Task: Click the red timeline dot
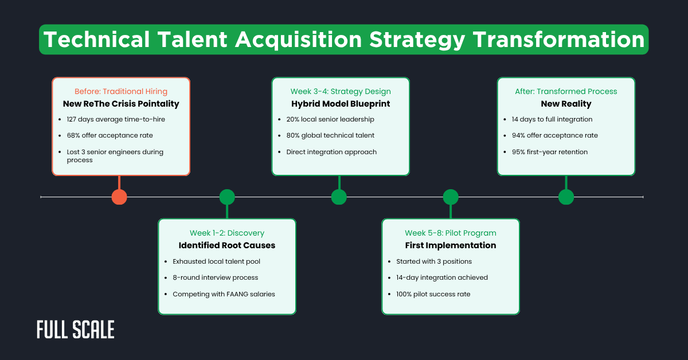[x=119, y=197]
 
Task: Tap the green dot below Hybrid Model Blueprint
[x=339, y=197]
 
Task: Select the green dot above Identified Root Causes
[x=227, y=197]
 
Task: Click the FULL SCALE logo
[x=75, y=330]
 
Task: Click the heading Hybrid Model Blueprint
[x=340, y=104]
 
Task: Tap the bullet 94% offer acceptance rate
[x=554, y=135]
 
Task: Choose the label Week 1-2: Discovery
[x=227, y=233]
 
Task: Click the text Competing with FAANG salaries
[x=224, y=294]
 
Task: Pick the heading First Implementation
[x=451, y=245]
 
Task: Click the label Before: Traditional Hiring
[x=120, y=91]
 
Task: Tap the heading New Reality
[x=566, y=104]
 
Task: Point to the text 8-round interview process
[x=215, y=277]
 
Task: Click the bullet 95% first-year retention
[x=549, y=152]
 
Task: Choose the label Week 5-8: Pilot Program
[x=451, y=233]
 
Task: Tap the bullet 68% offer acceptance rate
[x=110, y=135]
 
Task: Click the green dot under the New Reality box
[x=566, y=197]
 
